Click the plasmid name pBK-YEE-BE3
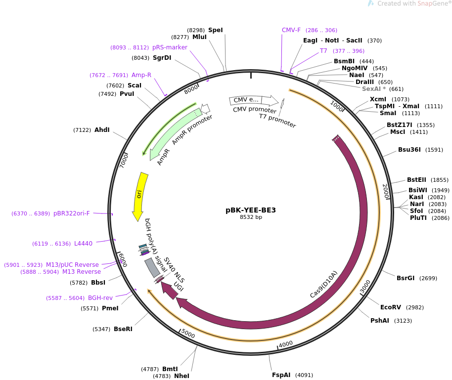click(251, 210)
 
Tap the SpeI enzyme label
click(215, 30)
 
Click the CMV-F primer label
click(291, 30)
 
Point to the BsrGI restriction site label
click(406, 278)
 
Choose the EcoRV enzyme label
click(390, 307)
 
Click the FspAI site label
click(281, 375)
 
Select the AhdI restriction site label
click(102, 130)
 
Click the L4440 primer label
click(83, 244)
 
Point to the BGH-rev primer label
click(100, 298)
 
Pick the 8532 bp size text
click(251, 217)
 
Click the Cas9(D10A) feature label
click(323, 285)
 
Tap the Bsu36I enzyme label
click(410, 150)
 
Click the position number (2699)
click(428, 278)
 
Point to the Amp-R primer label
click(141, 75)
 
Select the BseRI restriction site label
click(123, 329)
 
